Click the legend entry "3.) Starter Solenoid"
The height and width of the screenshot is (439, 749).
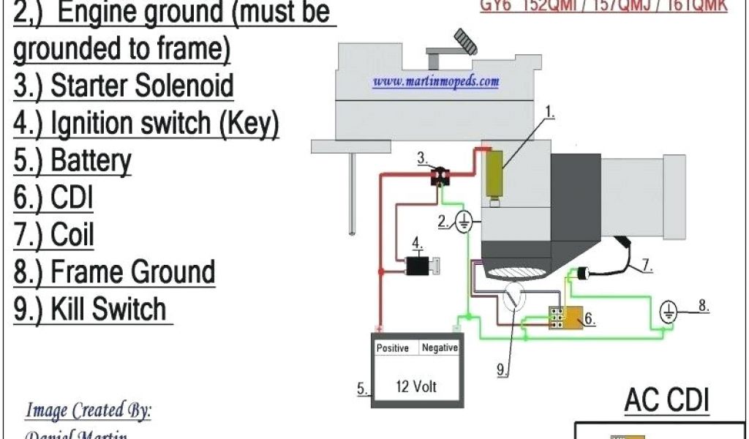[x=124, y=86]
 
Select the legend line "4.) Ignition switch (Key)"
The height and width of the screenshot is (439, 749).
[x=146, y=123]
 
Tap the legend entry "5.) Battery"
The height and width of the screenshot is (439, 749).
[x=72, y=160]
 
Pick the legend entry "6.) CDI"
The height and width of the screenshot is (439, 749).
[x=53, y=198]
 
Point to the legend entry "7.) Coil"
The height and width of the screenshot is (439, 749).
[x=54, y=235]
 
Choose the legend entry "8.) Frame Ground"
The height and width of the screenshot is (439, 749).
[x=114, y=272]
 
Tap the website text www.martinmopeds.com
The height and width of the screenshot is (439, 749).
[x=436, y=81]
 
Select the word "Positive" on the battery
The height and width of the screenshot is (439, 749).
[x=393, y=348]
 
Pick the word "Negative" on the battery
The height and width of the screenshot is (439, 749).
[x=440, y=348]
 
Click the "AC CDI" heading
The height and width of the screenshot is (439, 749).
[x=666, y=401]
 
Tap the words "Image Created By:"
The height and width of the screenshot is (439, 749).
[x=89, y=410]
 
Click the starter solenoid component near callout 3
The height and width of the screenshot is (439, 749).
[x=440, y=176]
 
